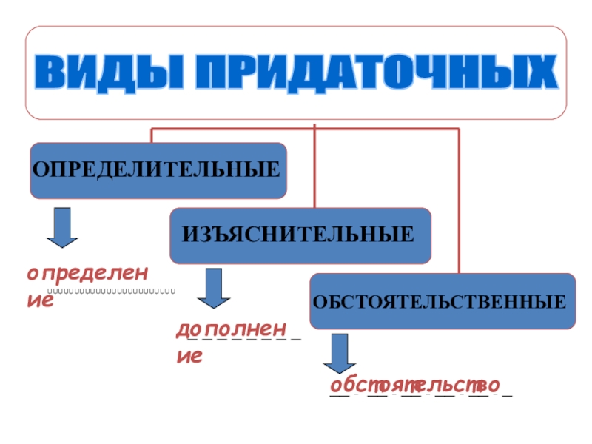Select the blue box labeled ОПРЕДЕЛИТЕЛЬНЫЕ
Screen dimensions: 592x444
click(x=158, y=170)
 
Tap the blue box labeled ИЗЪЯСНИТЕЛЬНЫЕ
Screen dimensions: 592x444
click(x=300, y=236)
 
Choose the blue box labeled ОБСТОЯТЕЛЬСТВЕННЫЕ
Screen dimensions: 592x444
click(x=442, y=300)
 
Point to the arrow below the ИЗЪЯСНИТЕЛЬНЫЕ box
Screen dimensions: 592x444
click(x=213, y=288)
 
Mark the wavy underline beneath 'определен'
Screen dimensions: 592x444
click(x=111, y=291)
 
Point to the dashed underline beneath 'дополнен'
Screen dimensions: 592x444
click(x=244, y=340)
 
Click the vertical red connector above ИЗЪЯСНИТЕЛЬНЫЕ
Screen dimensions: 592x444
click(x=314, y=166)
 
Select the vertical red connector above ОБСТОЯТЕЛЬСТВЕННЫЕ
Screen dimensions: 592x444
click(x=459, y=200)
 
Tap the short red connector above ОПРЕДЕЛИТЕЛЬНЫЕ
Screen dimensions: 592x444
click(x=152, y=135)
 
